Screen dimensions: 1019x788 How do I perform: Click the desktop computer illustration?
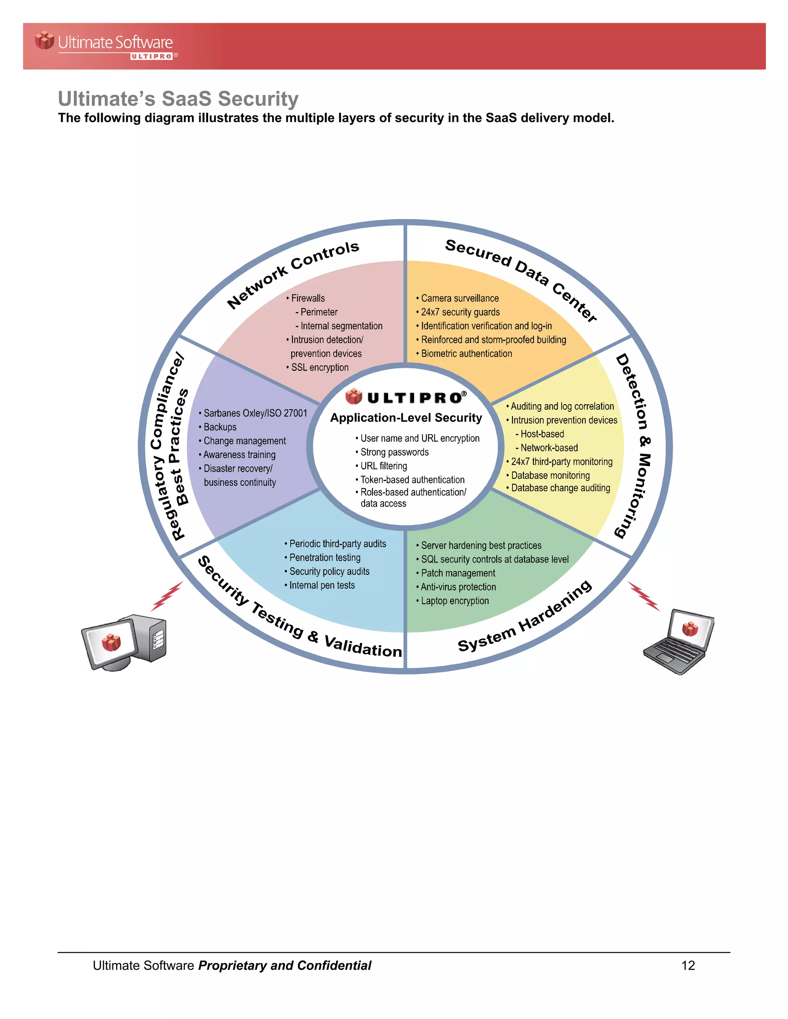pos(124,643)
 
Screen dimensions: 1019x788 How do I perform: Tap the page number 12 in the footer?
pos(688,965)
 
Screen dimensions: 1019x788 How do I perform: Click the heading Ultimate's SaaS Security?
pos(178,99)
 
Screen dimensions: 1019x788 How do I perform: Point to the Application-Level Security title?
pos(406,418)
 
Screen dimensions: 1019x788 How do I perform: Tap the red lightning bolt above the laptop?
pos(644,596)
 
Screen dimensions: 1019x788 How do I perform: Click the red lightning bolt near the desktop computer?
pos(167,596)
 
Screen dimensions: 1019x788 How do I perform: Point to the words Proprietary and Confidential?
pos(285,965)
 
